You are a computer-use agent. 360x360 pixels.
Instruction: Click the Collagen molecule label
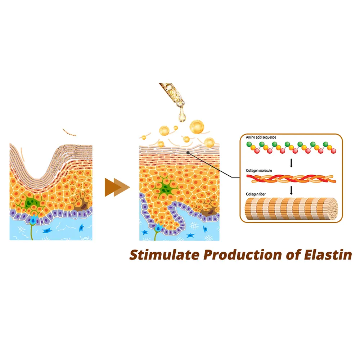pos(259,170)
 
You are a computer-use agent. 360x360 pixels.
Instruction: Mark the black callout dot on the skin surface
pos(189,152)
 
